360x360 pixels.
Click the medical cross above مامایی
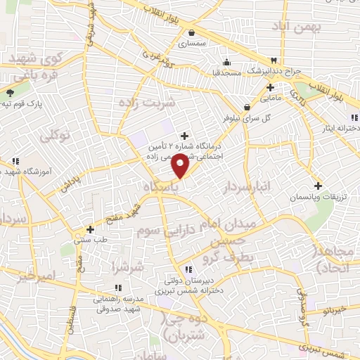(x=271, y=87)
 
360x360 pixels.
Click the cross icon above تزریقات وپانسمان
(x=319, y=186)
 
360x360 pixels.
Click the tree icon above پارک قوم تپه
(x=10, y=92)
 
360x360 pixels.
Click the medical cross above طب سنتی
(x=89, y=229)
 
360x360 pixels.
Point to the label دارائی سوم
(x=163, y=231)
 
